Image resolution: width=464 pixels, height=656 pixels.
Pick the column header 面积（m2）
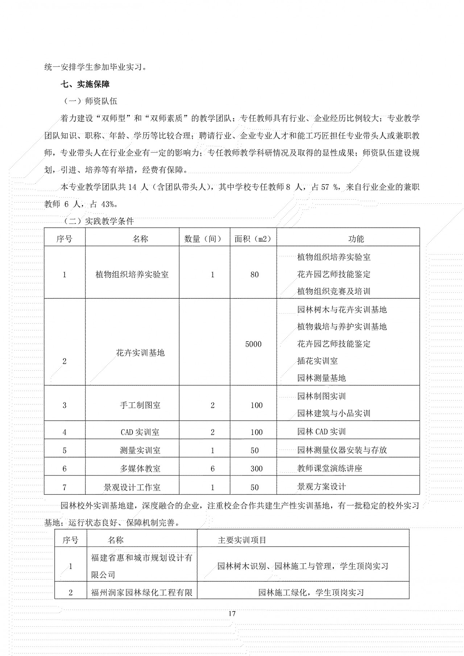[253, 239]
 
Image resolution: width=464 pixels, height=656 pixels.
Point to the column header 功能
[356, 239]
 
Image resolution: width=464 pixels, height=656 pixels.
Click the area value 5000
[253, 344]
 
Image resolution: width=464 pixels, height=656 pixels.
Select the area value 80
[254, 275]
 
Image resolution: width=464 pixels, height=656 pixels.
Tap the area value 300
[256, 469]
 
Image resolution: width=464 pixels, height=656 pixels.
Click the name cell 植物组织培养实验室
[132, 275]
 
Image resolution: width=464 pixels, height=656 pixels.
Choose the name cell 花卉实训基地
[140, 353]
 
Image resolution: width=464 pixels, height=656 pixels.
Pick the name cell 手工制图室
[140, 405]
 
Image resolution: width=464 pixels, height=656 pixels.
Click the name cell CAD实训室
[140, 432]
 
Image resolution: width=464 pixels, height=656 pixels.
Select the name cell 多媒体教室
[140, 469]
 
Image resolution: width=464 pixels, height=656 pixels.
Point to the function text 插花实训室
[317, 361]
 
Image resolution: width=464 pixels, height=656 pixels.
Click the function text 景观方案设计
[321, 487]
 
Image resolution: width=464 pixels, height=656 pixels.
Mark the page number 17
[232, 614]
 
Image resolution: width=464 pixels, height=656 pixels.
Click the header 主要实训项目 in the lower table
[242, 540]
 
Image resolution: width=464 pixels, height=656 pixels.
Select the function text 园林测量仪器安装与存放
[342, 450]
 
